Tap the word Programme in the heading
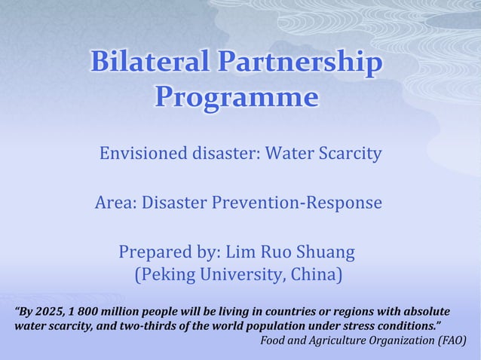pos(236,98)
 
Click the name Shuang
pos(325,251)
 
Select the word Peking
pos(164,275)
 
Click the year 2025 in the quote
pos(49,312)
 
